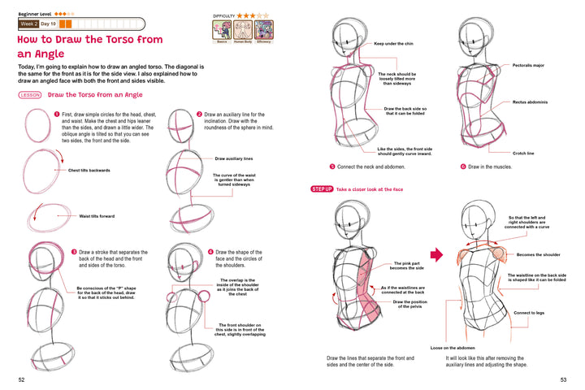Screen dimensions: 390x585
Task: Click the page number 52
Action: (20, 379)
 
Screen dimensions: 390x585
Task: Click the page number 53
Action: (563, 379)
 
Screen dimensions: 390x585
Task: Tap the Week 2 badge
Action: (31, 24)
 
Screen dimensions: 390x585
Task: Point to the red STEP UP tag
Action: (322, 189)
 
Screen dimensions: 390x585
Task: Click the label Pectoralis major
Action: (528, 64)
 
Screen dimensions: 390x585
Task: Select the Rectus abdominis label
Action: (530, 102)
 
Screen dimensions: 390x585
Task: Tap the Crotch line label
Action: (523, 153)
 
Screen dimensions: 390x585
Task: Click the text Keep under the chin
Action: (396, 44)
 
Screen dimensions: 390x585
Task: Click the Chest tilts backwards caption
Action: (89, 170)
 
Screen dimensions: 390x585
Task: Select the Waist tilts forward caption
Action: (97, 216)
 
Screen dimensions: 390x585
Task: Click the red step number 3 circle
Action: (73, 252)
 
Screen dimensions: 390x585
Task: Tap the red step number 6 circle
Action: (461, 166)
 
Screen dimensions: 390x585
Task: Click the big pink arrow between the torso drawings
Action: (435, 255)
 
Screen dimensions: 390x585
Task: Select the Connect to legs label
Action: (530, 313)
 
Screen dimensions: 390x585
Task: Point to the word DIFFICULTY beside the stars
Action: (223, 15)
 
